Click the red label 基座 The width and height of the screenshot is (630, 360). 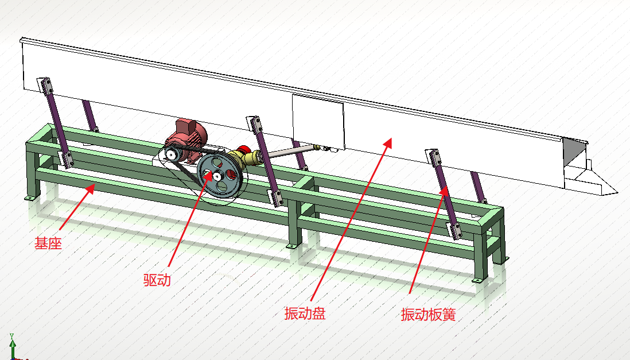click(x=48, y=243)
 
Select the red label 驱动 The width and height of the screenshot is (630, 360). click(x=157, y=280)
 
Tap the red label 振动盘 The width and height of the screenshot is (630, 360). click(x=305, y=313)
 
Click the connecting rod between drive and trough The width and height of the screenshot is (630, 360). click(x=290, y=152)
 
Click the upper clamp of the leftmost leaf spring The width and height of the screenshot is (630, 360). click(x=45, y=87)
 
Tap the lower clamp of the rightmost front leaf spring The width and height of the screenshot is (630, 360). click(x=454, y=230)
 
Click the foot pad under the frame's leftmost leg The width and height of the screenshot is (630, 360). click(x=29, y=199)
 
